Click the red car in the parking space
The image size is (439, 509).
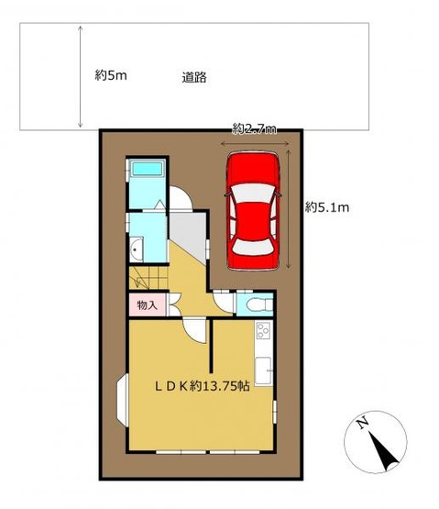click(253, 211)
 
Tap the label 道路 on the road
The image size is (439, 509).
click(194, 78)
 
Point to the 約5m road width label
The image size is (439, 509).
click(111, 75)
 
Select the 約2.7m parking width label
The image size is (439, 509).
click(255, 129)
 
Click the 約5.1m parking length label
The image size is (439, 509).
click(327, 207)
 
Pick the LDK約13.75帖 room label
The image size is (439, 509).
click(202, 386)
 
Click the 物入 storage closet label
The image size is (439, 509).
click(147, 305)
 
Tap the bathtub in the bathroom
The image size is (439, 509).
click(147, 169)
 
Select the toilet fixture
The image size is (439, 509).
click(259, 304)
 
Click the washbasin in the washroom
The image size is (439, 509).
click(137, 249)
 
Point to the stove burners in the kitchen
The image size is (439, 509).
click(263, 330)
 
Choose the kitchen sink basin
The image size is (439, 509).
click(263, 371)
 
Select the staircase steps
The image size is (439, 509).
click(148, 278)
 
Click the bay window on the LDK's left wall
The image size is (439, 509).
click(122, 400)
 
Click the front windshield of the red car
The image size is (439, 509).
click(253, 194)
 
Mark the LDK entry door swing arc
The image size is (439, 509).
click(194, 330)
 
